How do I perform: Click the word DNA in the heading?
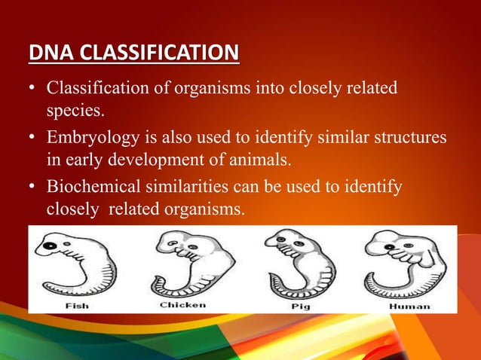click(47, 54)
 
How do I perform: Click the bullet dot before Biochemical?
click(32, 186)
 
